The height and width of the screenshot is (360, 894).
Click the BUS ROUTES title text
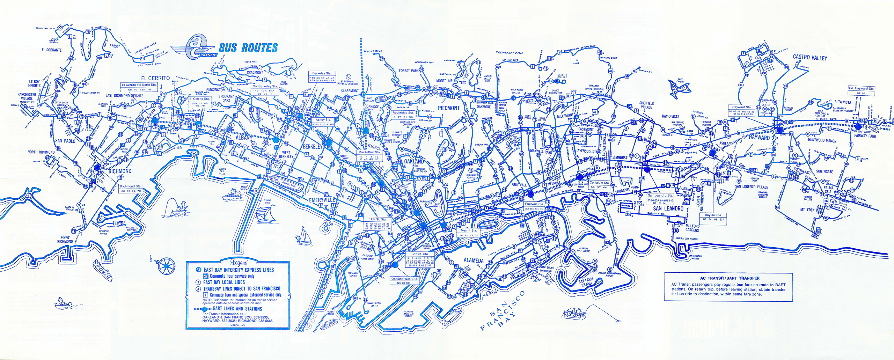(x=248, y=48)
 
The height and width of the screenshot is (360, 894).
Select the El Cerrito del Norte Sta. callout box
(x=139, y=87)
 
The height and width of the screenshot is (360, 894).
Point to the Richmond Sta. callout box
(x=131, y=189)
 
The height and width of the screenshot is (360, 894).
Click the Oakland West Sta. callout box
(x=404, y=281)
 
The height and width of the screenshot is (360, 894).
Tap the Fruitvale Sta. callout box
(x=534, y=206)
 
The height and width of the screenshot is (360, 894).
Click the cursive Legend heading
(x=239, y=263)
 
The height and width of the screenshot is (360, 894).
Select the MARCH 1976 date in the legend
(x=238, y=325)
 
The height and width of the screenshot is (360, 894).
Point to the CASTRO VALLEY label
(x=810, y=57)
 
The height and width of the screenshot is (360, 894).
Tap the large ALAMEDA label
(x=473, y=260)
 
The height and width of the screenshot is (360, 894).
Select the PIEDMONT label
(x=448, y=108)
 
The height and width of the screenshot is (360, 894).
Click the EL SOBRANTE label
(x=51, y=50)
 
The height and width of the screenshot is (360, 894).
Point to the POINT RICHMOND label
(x=65, y=240)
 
